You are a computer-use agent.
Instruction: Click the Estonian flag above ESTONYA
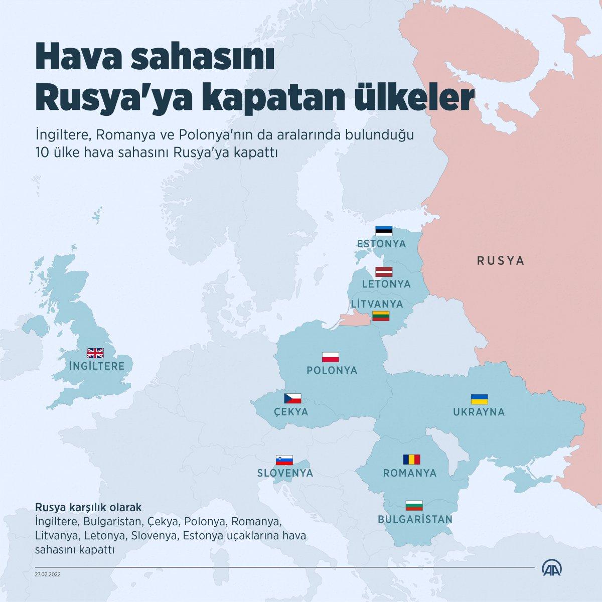tap(384, 231)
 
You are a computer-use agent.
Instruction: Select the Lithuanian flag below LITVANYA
tap(381, 316)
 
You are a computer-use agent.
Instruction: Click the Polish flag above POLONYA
tap(331, 357)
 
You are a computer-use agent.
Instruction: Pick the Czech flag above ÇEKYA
tap(292, 398)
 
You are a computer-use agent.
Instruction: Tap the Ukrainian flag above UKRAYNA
tap(480, 399)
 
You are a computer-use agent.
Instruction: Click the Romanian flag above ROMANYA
tap(411, 460)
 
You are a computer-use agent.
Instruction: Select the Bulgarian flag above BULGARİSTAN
tap(414, 505)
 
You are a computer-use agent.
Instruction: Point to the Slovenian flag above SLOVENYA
tap(284, 460)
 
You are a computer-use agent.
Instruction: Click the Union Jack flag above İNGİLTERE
tap(95, 353)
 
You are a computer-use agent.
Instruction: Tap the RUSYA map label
tap(500, 261)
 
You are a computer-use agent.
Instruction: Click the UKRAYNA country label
tap(479, 412)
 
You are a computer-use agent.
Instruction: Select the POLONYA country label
tap(332, 371)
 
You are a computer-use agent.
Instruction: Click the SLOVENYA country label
tap(285, 473)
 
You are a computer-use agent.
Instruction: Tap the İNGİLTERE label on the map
tap(96, 366)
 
